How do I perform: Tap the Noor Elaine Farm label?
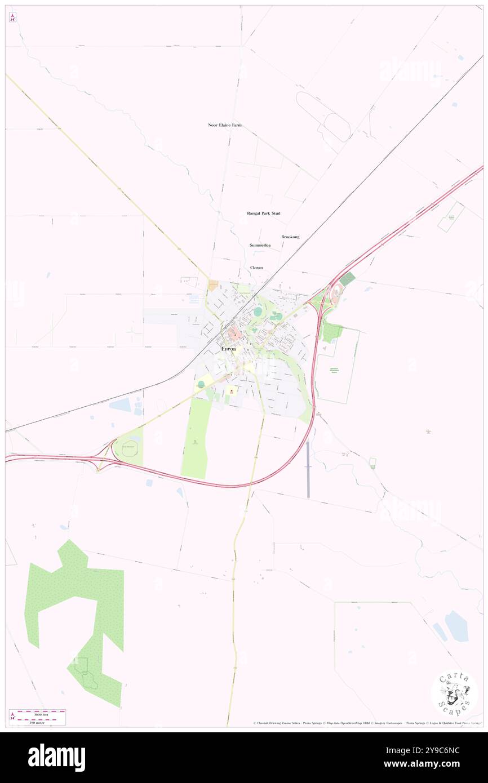225,125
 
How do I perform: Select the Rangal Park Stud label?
264,213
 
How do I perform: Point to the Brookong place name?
290,237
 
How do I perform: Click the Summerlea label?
260,246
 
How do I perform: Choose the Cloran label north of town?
256,268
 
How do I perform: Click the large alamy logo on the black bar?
57,757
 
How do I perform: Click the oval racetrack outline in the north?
323,116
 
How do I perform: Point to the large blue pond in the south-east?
456,626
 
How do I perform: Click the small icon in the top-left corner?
12,17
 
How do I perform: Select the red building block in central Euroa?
235,333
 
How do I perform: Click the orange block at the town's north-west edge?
214,286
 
